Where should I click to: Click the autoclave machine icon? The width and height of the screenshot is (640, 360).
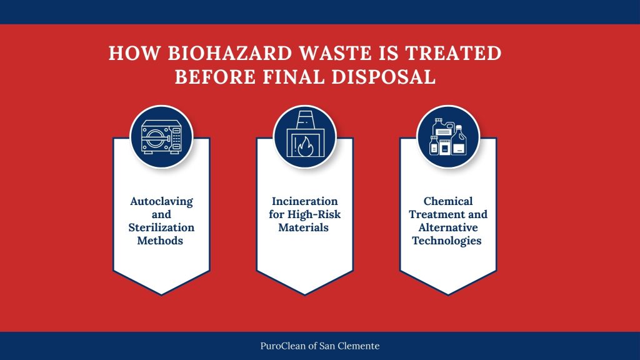pyautogui.click(x=161, y=137)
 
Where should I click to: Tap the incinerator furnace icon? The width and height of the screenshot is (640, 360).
pyautogui.click(x=304, y=137)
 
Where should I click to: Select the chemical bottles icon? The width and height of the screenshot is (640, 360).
pyautogui.click(x=447, y=136)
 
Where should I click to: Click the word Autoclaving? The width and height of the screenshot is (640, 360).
pyautogui.click(x=161, y=202)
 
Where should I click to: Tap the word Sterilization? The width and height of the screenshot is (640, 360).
pyautogui.click(x=161, y=227)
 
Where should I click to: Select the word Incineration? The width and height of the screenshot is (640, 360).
pyautogui.click(x=304, y=202)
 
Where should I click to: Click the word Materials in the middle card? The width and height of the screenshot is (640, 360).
pyautogui.click(x=304, y=227)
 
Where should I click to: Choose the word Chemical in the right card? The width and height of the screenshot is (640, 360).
pyautogui.click(x=447, y=201)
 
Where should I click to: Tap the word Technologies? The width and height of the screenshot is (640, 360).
pyautogui.click(x=447, y=241)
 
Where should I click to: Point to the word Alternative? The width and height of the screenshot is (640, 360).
pyautogui.click(x=447, y=227)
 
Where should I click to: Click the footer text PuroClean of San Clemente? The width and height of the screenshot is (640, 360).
pyautogui.click(x=320, y=346)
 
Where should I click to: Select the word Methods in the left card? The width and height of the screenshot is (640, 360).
pyautogui.click(x=161, y=241)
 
